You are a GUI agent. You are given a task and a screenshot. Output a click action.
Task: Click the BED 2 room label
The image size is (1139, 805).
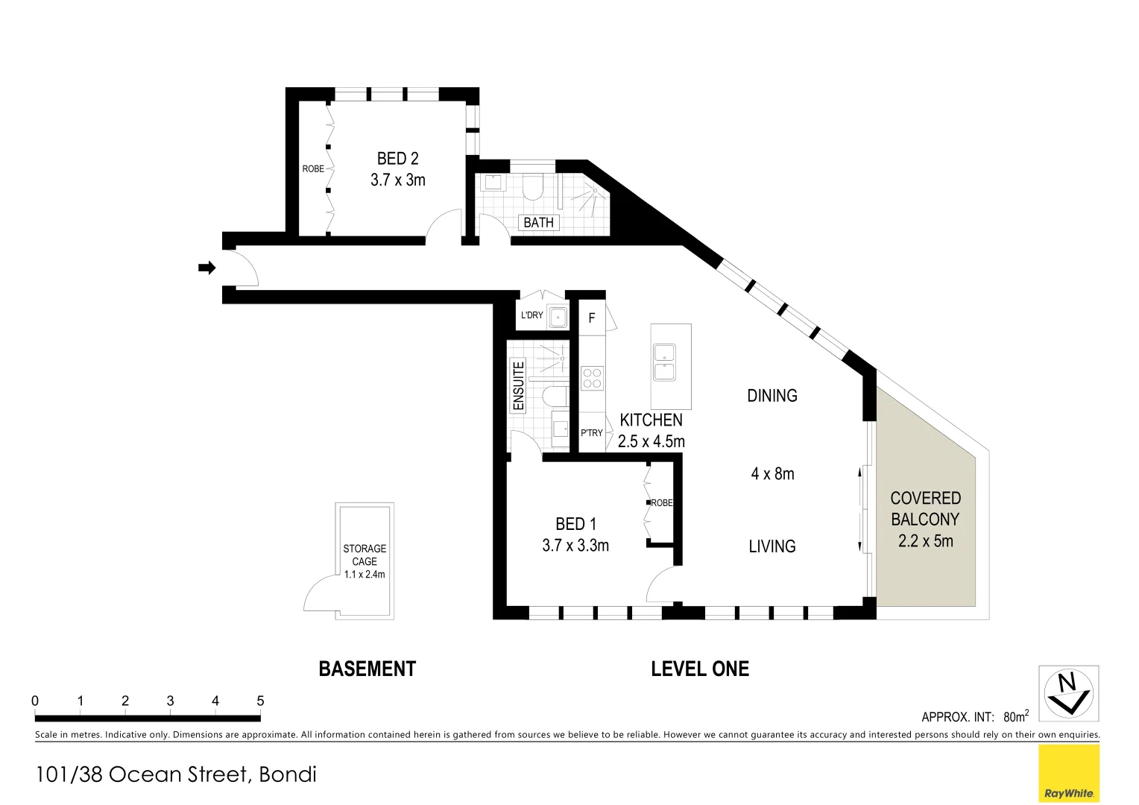point(397,159)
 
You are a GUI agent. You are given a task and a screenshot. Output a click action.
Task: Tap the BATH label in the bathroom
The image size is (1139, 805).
point(538,223)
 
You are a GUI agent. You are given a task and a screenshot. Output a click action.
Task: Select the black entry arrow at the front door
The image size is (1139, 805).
point(206,268)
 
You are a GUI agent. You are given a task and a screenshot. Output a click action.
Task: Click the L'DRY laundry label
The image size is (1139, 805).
point(531,315)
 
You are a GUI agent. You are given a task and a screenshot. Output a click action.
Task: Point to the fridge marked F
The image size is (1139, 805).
point(592,318)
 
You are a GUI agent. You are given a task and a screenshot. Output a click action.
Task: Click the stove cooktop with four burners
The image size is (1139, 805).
point(593,379)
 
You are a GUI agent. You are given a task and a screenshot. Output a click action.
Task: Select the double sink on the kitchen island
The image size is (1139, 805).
point(664,362)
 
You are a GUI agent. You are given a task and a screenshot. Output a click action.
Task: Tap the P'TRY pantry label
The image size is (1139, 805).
point(592,433)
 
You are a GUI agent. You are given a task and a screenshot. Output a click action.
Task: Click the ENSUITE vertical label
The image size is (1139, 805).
point(519,385)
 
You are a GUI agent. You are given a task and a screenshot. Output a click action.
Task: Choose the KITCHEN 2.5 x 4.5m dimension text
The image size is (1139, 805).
point(651,441)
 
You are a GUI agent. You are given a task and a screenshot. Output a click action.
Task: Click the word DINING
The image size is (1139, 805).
point(772,396)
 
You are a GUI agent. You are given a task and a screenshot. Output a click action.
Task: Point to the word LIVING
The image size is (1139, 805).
point(772,546)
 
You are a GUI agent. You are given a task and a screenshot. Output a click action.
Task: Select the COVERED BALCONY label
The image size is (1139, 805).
point(925,508)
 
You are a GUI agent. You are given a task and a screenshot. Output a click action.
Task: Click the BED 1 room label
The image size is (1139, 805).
point(575,525)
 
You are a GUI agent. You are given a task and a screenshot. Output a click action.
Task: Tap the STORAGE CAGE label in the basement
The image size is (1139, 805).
point(365,555)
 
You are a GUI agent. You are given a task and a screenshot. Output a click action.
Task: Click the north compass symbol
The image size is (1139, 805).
point(1068,693)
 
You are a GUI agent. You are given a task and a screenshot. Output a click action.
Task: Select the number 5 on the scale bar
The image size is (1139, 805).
point(260,701)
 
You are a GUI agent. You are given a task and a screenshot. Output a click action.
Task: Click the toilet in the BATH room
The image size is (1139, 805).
point(531,187)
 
